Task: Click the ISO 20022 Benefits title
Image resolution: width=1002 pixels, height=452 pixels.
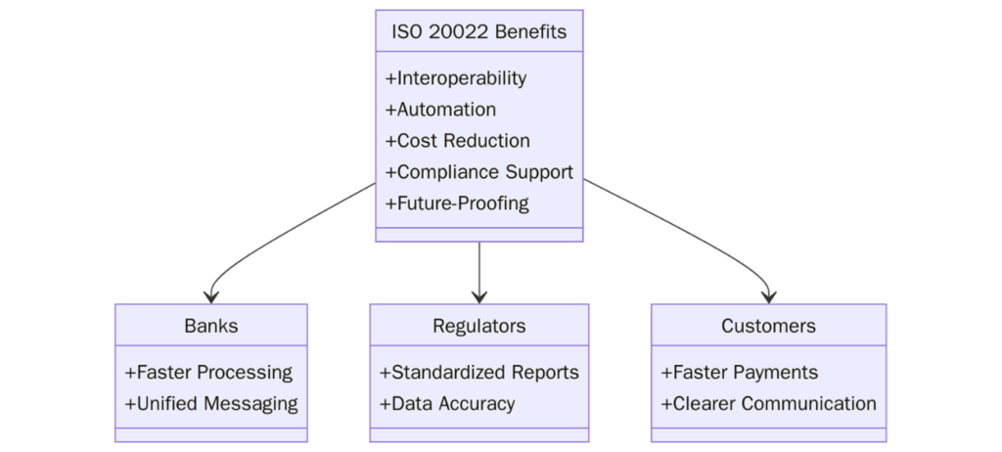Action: click(x=478, y=31)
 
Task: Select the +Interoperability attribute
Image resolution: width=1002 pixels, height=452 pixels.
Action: click(x=456, y=78)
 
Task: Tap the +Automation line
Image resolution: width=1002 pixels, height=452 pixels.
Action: click(x=440, y=110)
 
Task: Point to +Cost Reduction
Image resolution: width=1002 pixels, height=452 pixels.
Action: click(x=458, y=141)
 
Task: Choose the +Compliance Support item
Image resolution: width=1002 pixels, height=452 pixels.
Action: click(x=478, y=172)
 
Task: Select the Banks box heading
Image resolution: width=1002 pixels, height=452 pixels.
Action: click(x=210, y=326)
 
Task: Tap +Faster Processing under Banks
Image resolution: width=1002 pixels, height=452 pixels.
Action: click(x=208, y=373)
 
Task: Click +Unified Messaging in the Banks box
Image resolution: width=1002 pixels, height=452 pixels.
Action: click(x=210, y=403)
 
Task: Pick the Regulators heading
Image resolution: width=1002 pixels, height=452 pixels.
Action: click(x=478, y=326)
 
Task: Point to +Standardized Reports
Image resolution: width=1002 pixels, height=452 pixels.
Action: click(x=478, y=373)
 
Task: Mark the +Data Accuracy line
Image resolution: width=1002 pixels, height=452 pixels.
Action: click(x=446, y=403)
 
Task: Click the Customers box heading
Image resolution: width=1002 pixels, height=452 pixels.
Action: click(x=768, y=326)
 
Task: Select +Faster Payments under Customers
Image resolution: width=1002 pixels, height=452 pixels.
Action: click(x=740, y=373)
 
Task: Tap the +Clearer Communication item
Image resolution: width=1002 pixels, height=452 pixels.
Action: click(x=768, y=403)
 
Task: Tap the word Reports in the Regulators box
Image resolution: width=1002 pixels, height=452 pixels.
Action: click(x=544, y=373)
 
